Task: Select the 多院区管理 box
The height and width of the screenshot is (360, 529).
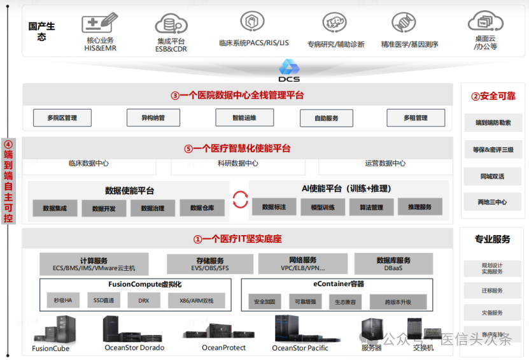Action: [62, 118]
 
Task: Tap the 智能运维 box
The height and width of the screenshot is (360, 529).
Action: [236, 117]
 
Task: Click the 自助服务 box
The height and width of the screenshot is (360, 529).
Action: [326, 118]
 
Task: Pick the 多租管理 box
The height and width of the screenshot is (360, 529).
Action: [415, 118]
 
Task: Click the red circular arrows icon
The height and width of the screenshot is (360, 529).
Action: [240, 199]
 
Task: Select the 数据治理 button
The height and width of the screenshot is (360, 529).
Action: [153, 208]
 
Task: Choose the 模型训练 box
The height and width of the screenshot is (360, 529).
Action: [322, 207]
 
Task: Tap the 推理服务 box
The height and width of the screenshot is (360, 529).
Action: [420, 206]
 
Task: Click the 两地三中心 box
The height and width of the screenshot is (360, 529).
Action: [493, 202]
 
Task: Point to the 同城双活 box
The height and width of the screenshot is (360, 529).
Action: [493, 176]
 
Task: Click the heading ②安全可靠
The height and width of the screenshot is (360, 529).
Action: [493, 96]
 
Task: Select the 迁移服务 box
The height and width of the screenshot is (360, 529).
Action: [492, 291]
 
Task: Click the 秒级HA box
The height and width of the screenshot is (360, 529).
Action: [63, 300]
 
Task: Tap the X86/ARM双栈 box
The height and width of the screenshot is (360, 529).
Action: [197, 300]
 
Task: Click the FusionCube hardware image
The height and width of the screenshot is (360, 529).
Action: [53, 331]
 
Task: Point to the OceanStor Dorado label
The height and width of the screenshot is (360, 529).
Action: [134, 348]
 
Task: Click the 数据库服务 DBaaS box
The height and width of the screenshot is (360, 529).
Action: [393, 264]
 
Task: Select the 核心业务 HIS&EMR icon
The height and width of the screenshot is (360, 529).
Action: [100, 24]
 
